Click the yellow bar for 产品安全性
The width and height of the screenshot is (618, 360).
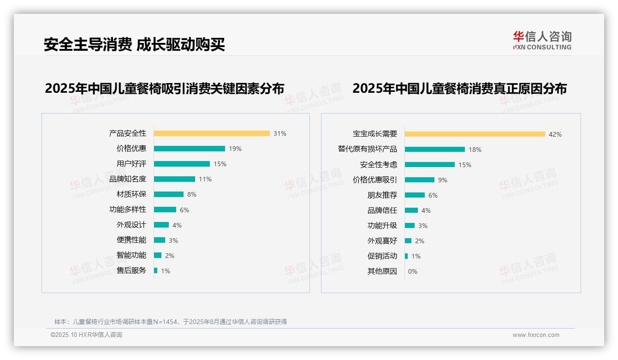pos(212,133)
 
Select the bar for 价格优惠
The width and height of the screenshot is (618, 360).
pos(189,149)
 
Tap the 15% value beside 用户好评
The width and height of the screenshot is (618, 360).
pos(220,164)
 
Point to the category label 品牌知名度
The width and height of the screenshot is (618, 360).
pos(128,179)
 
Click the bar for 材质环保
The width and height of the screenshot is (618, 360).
pos(169,194)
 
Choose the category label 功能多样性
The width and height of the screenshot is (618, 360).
pos(128,210)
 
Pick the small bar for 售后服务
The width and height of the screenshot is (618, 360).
pos(156,270)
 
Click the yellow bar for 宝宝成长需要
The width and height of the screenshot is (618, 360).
pos(475,134)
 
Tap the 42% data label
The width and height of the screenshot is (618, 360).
pos(555,134)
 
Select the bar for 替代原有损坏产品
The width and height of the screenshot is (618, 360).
pos(435,150)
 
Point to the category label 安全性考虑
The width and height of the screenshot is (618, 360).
pos(379,165)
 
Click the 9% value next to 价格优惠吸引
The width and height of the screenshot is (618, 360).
pos(443,180)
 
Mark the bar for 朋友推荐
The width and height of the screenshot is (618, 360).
pos(415,195)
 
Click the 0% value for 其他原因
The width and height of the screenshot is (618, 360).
pos(413,271)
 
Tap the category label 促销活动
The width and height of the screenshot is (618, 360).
pos(382,256)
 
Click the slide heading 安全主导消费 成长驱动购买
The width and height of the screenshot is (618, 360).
pos(134,45)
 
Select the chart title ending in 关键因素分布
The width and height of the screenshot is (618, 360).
pos(165,88)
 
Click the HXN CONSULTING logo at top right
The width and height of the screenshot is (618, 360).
pos(542,41)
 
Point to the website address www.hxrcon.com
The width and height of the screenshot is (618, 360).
pos(536,335)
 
